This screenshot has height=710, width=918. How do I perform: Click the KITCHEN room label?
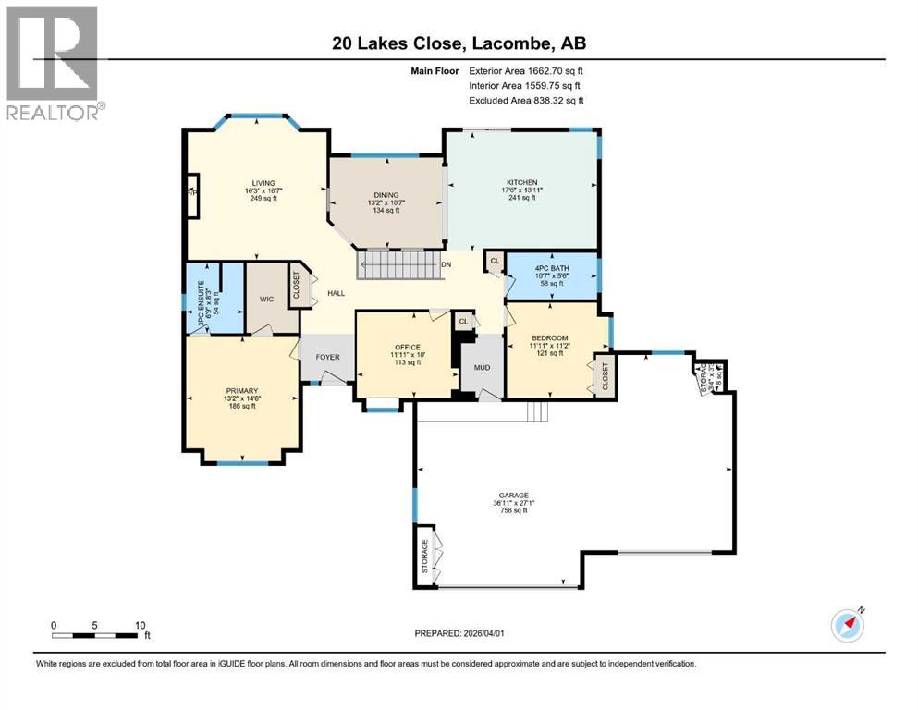pos(521,183)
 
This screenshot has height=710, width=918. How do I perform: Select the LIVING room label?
pos(263,183)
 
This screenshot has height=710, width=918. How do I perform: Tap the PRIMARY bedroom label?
pos(241,390)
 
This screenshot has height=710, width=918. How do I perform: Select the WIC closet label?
pos(266,299)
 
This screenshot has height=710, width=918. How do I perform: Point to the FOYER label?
pos(327,357)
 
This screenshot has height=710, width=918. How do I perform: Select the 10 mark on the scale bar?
pos(141,625)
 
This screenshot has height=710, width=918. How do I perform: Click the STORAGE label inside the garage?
pos(425,557)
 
